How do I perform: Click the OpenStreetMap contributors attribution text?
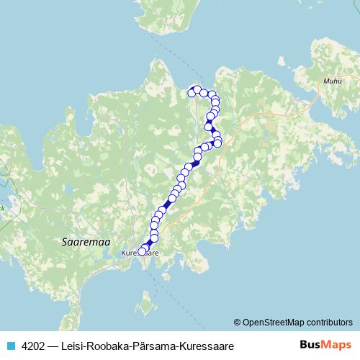click(x=297, y=322)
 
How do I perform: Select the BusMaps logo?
click(x=323, y=345)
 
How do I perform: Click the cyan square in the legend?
click(x=10, y=346)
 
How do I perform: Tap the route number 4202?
click(x=33, y=346)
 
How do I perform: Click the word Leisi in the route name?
click(x=74, y=346)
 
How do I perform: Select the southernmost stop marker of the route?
click(x=141, y=251)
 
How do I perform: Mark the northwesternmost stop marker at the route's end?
click(x=192, y=91)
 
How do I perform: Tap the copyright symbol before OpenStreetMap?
click(x=238, y=322)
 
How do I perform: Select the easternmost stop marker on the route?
click(x=217, y=143)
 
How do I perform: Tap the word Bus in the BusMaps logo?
click(x=310, y=345)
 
